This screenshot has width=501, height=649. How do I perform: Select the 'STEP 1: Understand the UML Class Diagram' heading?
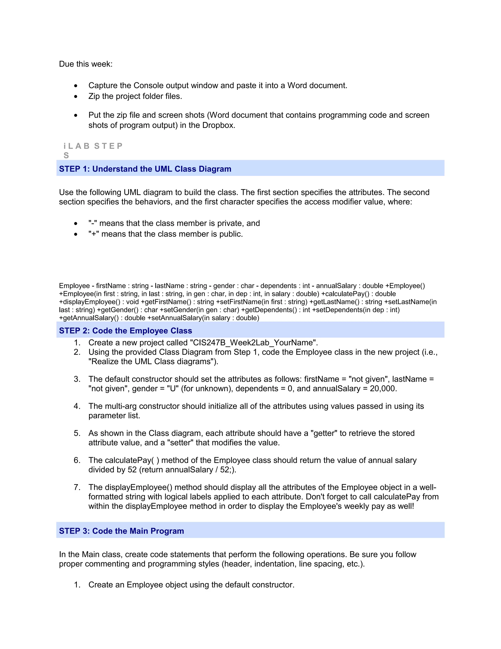coord(145,169)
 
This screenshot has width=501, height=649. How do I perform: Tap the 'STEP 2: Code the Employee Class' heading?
coord(125,330)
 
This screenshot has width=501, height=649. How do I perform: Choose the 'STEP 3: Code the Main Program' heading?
coord(121,531)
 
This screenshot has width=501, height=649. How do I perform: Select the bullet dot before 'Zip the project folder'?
coord(76,96)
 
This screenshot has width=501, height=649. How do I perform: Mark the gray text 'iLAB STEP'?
coord(93,146)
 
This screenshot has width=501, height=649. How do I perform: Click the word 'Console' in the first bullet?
coord(148,85)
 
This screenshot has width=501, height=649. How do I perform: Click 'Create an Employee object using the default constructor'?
coord(191,585)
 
